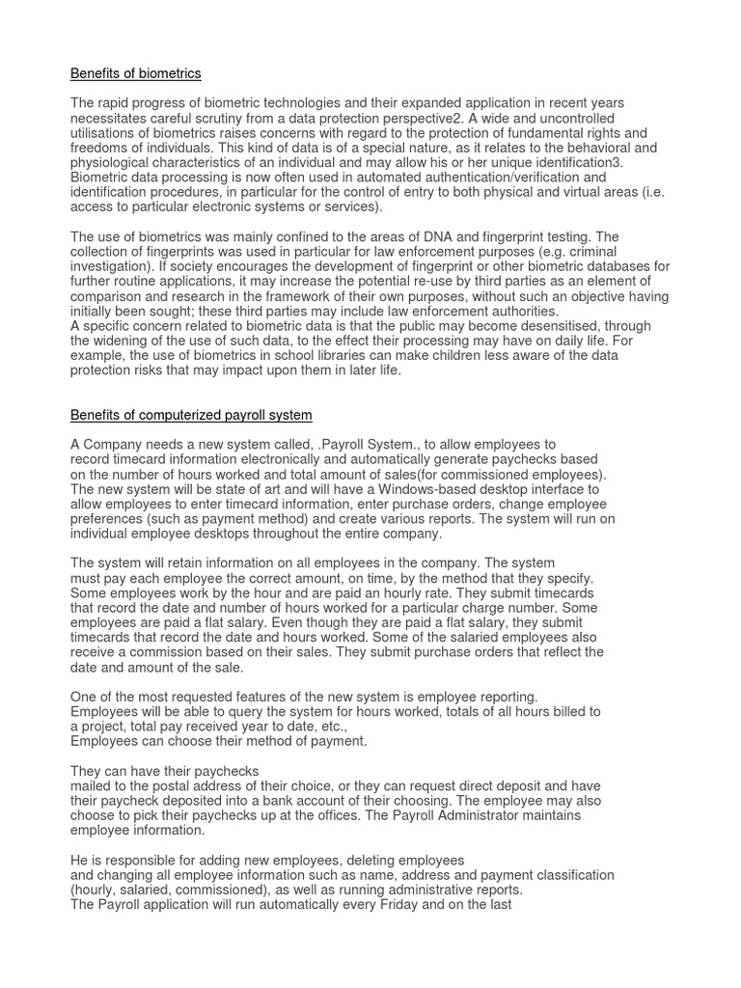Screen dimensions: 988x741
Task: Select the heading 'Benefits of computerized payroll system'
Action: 191,415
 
